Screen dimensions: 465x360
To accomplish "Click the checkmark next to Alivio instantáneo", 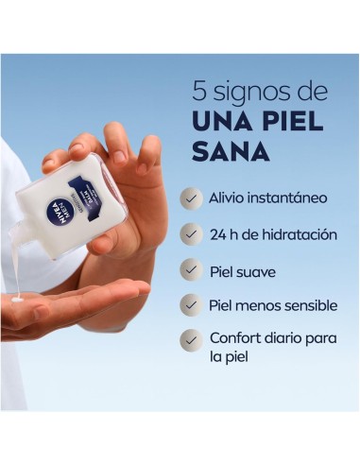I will pos(192,198).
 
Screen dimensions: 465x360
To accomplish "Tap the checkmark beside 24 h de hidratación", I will pos(192,233).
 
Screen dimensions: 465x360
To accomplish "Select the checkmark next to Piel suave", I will pos(192,270).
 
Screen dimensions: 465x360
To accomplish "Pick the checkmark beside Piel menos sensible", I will pos(192,305).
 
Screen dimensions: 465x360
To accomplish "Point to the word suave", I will pos(257,270).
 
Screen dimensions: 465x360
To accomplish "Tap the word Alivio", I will pos(231,198).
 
